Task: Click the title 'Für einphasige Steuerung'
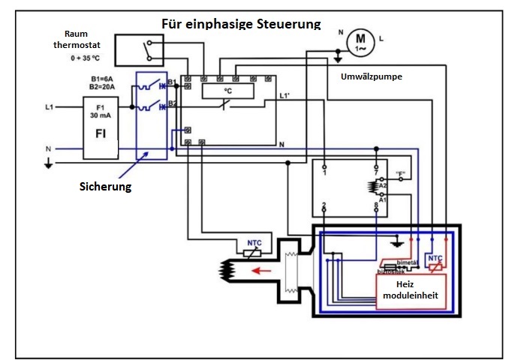241,23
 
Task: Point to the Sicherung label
105,187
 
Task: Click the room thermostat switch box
140,49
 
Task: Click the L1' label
285,96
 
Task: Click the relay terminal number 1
324,173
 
